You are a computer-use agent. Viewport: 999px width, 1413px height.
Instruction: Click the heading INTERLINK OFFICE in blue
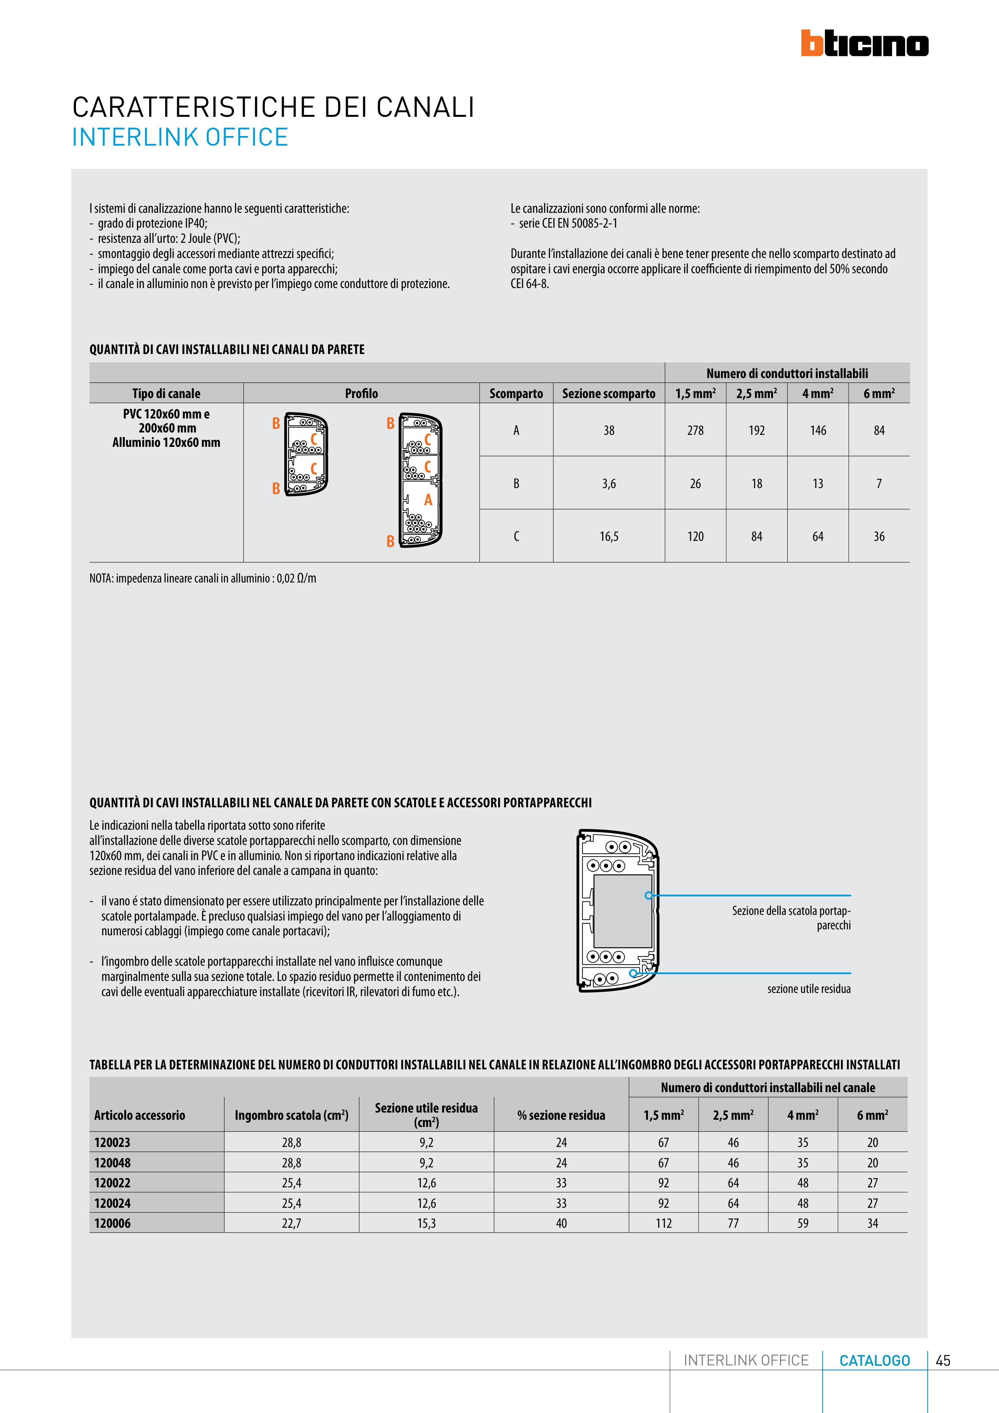pos(180,137)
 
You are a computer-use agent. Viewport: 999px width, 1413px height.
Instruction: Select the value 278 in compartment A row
pos(695,431)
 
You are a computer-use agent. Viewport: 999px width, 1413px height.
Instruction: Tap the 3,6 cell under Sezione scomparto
pos(609,484)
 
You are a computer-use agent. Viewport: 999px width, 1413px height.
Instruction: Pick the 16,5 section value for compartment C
pos(609,536)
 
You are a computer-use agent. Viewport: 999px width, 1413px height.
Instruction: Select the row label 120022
pos(113,1183)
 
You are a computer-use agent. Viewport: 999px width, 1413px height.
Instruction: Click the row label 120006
pos(113,1223)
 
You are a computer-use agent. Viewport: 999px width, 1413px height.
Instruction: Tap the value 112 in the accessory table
pos(664,1223)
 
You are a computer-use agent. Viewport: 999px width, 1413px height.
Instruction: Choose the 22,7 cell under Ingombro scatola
pos(292,1223)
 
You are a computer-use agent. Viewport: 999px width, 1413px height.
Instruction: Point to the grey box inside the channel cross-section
pos(622,911)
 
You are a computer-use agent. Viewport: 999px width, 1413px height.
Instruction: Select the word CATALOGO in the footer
pos(874,1361)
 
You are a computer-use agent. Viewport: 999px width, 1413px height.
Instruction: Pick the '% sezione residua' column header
pos(561,1115)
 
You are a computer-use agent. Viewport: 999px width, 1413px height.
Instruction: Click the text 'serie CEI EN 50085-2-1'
pos(568,223)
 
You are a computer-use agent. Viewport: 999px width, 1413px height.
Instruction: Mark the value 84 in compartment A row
pos(879,431)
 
